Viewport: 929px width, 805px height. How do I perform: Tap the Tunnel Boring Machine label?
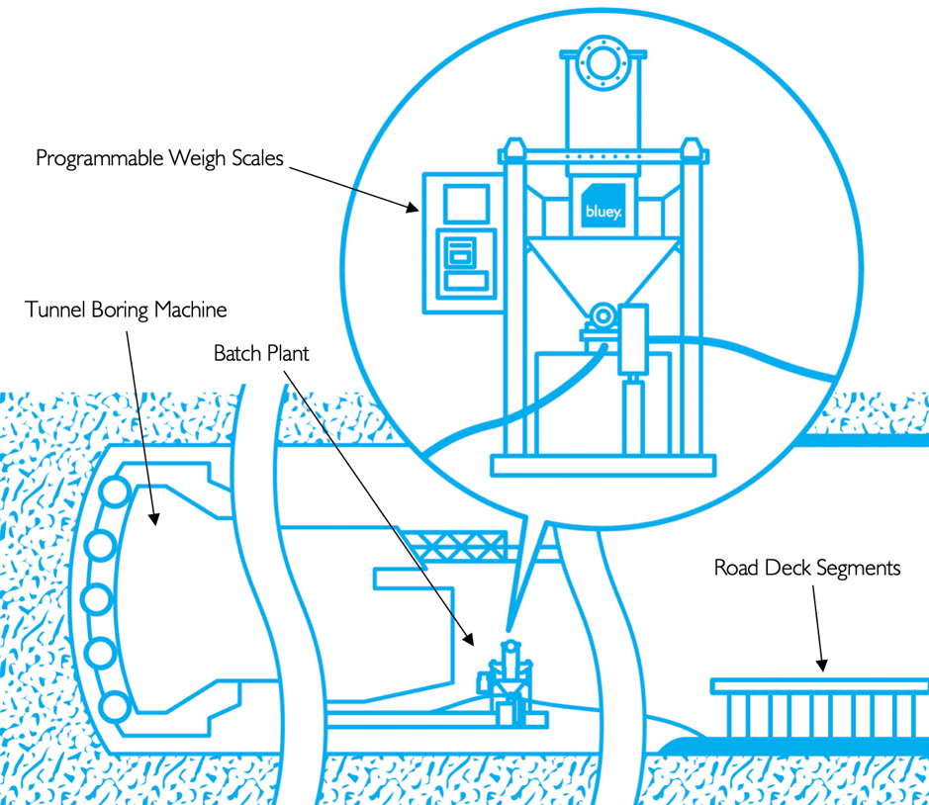126,311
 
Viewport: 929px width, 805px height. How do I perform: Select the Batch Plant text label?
261,353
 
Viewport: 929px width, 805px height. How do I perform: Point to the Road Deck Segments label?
807,568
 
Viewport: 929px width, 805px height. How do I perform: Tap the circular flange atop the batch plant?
602,61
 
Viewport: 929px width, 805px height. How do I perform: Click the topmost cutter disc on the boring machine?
115,491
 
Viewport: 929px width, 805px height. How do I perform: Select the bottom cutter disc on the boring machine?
115,706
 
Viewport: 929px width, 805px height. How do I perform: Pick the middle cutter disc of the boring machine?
95,598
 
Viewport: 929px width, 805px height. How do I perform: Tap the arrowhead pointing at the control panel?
414,207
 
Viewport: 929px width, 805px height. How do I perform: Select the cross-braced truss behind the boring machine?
462,544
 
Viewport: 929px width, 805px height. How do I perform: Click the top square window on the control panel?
458,204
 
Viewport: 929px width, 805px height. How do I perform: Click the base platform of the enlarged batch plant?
604,465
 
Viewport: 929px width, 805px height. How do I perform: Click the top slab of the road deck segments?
819,684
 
